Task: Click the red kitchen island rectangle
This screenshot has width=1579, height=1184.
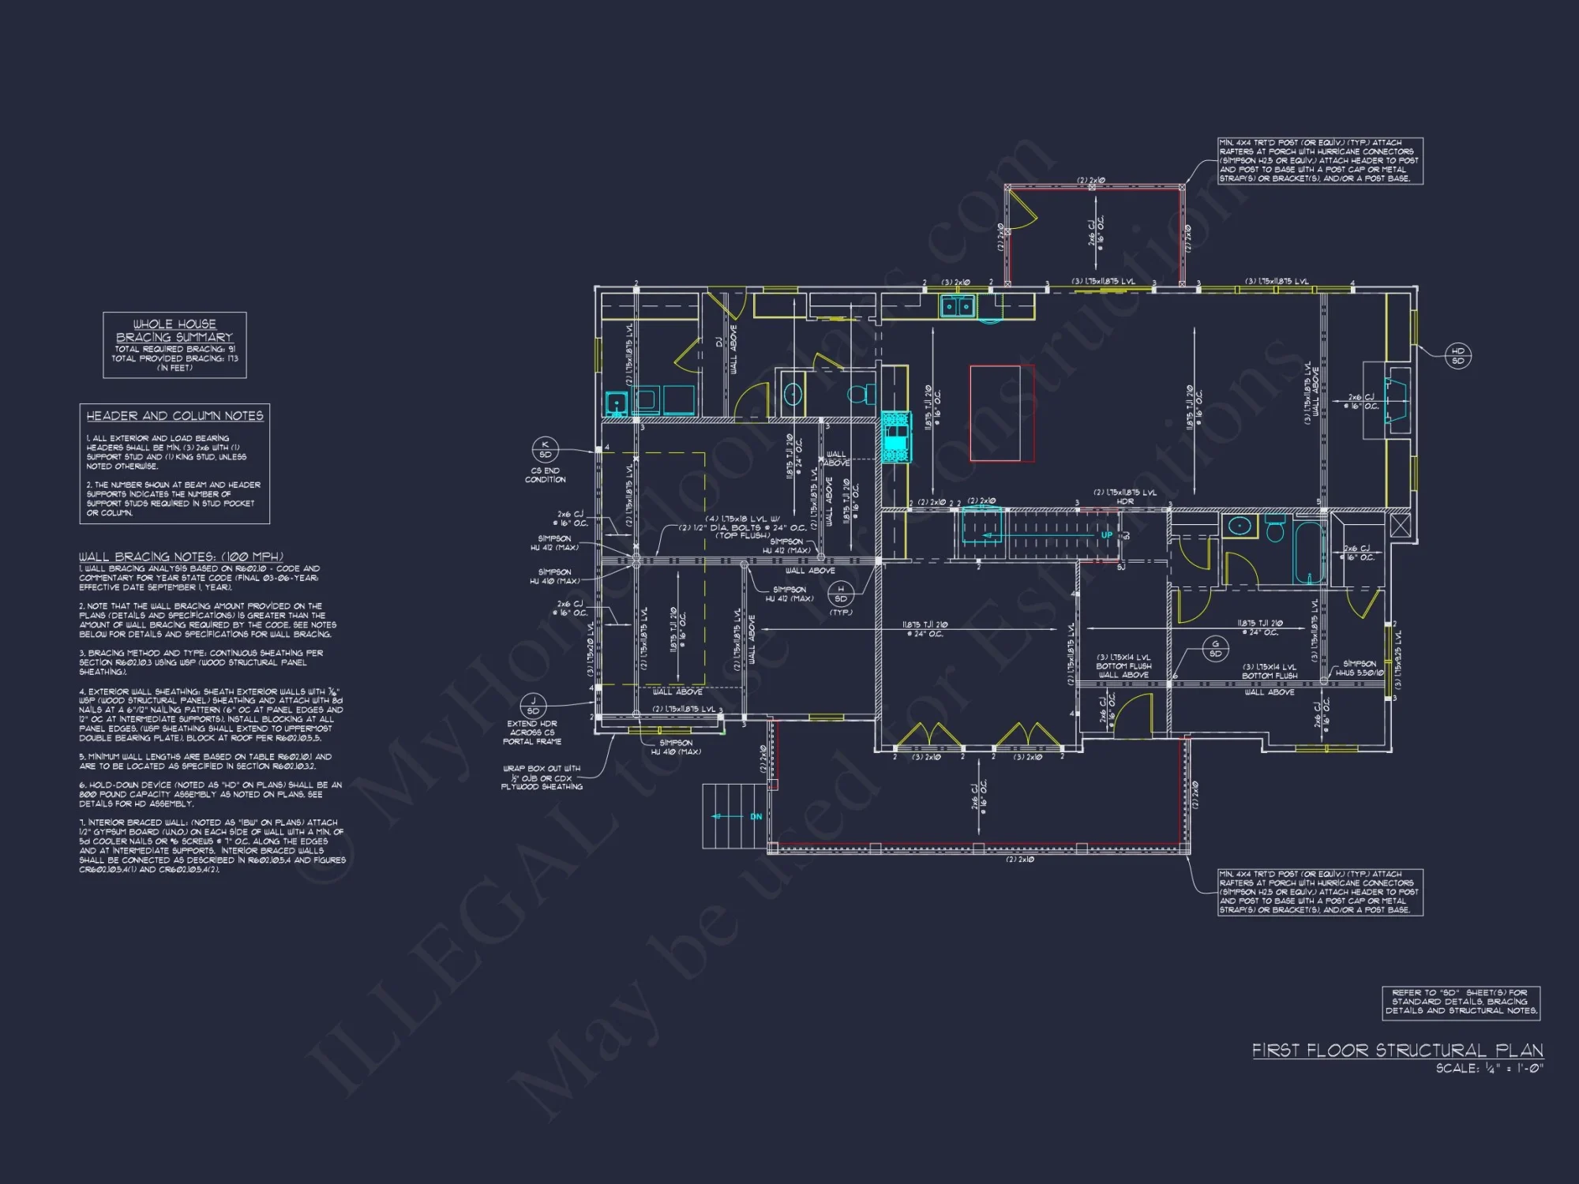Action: coord(1002,413)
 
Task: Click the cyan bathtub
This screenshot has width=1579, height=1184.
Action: coord(1309,552)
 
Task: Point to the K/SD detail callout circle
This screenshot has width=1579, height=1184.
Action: coord(545,449)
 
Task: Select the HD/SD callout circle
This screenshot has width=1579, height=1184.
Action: coord(1457,355)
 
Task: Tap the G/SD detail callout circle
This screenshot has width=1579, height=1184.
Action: coord(1215,649)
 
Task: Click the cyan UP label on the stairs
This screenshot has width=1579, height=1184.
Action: coord(1107,535)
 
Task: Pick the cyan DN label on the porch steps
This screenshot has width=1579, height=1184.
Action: coord(756,816)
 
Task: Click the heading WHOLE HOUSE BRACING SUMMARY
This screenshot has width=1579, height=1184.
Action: coord(174,330)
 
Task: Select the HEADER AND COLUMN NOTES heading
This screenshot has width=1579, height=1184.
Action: coord(174,416)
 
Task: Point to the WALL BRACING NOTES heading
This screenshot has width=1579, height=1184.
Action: coord(181,556)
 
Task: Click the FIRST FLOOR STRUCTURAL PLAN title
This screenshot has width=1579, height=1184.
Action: coord(1397,1051)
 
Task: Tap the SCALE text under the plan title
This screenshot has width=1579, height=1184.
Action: coord(1489,1069)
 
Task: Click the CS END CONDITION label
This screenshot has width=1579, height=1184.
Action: coord(545,475)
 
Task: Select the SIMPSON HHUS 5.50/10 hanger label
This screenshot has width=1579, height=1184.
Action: coord(1360,669)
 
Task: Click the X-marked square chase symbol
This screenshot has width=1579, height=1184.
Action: coord(1400,526)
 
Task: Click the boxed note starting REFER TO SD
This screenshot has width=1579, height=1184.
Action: coord(1461,1002)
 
